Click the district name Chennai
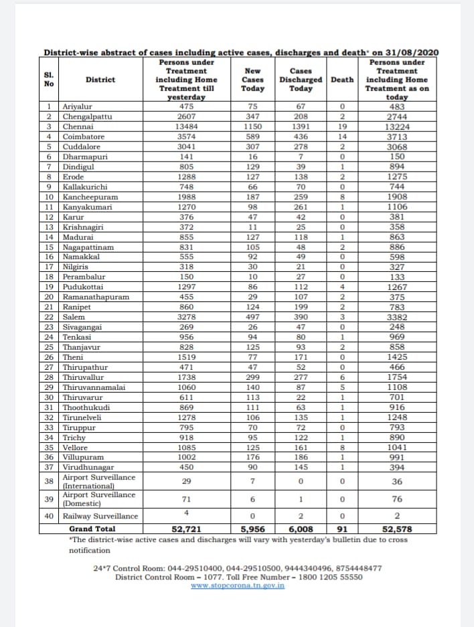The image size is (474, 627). pos(78,125)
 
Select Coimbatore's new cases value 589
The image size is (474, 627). pos(252,135)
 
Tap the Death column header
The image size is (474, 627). pos(342,79)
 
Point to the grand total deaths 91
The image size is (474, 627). pos(342,529)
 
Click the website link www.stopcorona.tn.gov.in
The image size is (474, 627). pos(238,585)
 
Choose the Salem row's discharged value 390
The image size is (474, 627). pos(301,316)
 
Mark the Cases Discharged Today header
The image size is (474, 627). pos(301,79)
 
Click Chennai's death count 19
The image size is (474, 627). pos(342,125)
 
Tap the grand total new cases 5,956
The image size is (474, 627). pos(252,529)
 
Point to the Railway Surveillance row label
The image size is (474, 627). pos(100,516)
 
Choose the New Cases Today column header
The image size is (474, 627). pos(252,79)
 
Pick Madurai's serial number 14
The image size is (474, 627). pos(50,237)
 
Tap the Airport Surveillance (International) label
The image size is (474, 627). pos(98,481)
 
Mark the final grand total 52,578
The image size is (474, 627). pos(397,529)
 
